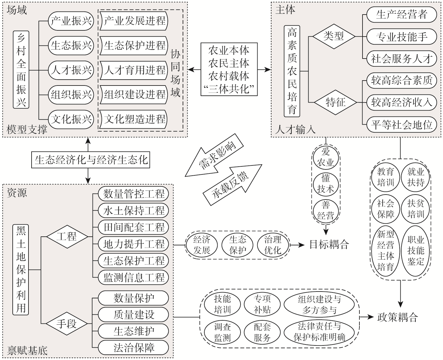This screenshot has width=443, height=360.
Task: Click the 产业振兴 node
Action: (x=71, y=21)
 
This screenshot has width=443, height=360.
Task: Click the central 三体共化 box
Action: (x=229, y=69)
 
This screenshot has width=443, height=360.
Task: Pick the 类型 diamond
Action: (x=333, y=37)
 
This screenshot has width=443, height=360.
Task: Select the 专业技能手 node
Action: (x=402, y=37)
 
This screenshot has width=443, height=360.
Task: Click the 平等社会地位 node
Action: (x=402, y=125)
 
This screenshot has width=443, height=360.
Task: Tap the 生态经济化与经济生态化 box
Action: (x=91, y=160)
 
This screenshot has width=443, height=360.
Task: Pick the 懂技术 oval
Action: (x=326, y=183)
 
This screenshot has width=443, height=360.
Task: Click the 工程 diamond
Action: (x=67, y=237)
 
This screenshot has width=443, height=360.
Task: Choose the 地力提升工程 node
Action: (x=133, y=244)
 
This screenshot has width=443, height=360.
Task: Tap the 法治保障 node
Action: (x=133, y=348)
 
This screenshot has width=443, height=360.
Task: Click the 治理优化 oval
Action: (x=273, y=245)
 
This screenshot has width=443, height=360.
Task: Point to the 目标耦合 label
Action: (x=329, y=245)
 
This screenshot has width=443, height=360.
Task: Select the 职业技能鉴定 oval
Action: (x=415, y=250)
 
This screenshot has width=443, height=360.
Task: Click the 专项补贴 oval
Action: (x=262, y=304)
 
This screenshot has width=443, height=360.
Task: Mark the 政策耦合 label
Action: (x=397, y=317)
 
